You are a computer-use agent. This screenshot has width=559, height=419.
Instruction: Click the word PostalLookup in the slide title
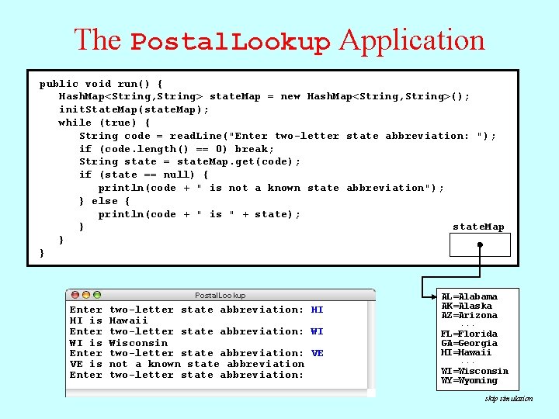click(231, 42)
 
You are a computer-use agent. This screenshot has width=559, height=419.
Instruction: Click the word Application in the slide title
click(412, 40)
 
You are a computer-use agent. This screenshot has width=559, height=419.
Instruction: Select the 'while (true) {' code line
click(105, 123)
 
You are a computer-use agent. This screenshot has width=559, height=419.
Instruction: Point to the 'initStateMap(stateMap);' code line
click(134, 109)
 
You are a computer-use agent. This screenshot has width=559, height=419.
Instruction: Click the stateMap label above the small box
click(478, 227)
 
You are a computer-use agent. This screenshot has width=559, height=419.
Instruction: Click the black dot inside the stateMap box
click(481, 245)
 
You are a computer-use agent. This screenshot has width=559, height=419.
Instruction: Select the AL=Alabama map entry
click(469, 296)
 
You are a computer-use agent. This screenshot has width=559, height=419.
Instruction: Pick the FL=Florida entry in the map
click(469, 334)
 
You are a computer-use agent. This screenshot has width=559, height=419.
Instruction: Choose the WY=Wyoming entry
click(469, 380)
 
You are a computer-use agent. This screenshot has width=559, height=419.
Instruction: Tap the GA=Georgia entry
click(469, 343)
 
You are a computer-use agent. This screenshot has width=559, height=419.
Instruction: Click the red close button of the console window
click(75, 296)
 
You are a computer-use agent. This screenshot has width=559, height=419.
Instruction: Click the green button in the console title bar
click(98, 296)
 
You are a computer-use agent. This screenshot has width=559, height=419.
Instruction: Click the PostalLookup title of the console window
click(220, 296)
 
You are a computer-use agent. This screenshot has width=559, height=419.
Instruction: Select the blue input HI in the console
click(317, 310)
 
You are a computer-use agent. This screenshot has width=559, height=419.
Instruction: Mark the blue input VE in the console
click(317, 353)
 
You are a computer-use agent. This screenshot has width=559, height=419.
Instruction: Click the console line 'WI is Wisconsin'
click(119, 342)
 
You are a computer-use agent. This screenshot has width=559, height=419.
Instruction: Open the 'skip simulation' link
click(509, 399)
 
